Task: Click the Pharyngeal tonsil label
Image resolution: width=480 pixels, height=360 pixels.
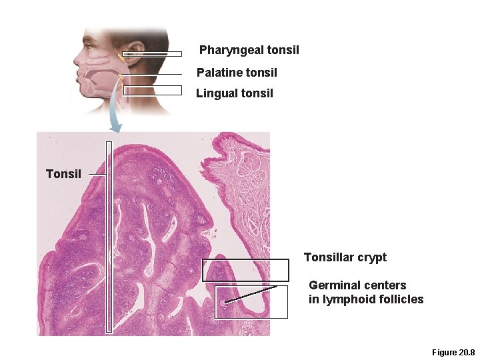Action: [249, 50]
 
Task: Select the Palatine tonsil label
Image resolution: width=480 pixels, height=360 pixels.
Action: [237, 72]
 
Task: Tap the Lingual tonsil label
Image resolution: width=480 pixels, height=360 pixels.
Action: [234, 93]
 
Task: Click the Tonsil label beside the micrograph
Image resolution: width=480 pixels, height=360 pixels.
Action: [63, 174]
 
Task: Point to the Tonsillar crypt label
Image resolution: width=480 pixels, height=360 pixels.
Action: [345, 257]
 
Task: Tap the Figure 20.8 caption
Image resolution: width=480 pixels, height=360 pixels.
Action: [453, 352]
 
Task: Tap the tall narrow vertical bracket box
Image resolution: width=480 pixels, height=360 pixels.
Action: [109, 237]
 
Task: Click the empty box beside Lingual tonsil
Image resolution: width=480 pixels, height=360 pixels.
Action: [152, 91]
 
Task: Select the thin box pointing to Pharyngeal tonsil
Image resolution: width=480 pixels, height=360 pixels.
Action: [151, 54]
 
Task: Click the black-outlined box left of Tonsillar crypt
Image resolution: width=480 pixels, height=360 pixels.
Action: [245, 270]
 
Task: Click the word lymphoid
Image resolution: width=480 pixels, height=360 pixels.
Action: [344, 299]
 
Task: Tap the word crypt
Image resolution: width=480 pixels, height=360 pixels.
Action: [372, 257]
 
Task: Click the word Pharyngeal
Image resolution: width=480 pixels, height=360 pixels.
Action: [231, 50]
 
